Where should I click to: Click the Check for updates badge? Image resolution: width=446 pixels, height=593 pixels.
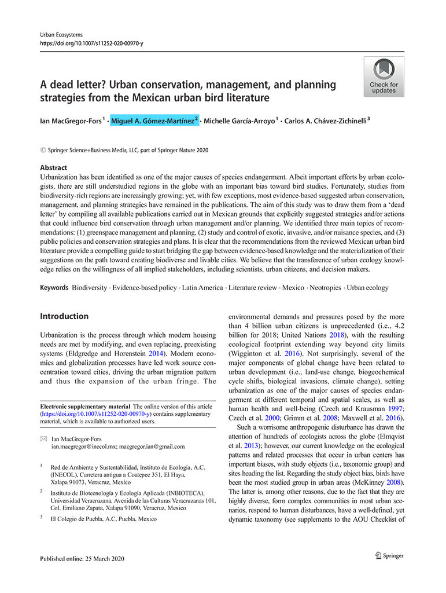[x=384, y=76]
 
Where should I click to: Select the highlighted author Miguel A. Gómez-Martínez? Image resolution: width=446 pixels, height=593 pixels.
[x=154, y=120]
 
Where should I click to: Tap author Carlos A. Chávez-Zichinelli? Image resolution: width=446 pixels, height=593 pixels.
[x=326, y=120]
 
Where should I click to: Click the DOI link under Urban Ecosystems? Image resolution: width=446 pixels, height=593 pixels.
[x=91, y=43]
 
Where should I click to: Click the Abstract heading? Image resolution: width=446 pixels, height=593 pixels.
[x=54, y=167]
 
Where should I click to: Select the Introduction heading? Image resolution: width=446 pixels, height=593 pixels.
[x=64, y=316]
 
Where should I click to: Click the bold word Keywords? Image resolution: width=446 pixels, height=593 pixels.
[x=54, y=288]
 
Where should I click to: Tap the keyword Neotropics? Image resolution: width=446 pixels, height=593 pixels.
[x=325, y=288]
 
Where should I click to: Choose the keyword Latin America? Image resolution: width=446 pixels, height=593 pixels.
[x=202, y=288]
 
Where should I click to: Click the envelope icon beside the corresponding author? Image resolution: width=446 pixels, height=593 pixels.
[x=43, y=439]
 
